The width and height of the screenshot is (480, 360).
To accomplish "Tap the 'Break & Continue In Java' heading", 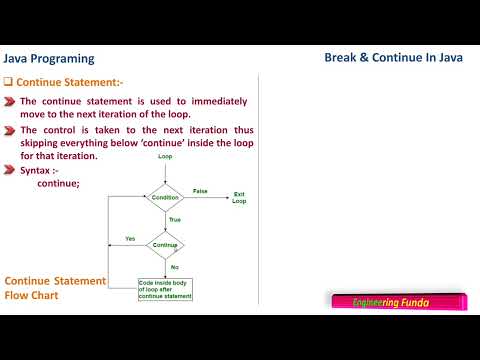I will click(x=393, y=58).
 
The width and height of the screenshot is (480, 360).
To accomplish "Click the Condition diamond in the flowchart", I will click(x=165, y=197).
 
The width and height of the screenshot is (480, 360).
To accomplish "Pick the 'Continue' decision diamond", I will click(x=165, y=245).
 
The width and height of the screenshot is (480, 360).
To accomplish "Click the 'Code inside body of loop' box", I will click(x=164, y=289).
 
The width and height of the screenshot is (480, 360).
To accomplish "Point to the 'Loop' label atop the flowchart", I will click(x=166, y=158).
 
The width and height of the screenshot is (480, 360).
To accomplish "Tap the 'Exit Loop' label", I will click(x=239, y=197).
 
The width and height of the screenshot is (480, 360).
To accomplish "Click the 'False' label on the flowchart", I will click(x=199, y=190).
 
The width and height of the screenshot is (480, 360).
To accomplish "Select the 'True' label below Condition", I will click(x=174, y=219).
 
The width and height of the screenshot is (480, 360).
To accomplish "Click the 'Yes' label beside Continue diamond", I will click(x=130, y=238).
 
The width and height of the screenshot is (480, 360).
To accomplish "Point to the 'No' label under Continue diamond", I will click(x=174, y=267).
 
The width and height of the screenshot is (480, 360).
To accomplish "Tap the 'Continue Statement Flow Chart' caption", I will click(x=55, y=288).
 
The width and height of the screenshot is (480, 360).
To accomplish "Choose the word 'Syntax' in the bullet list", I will click(x=37, y=171).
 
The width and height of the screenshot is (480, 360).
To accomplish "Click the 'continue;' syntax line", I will click(x=57, y=184).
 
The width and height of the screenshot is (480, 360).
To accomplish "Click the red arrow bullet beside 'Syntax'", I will click(x=9, y=171).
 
